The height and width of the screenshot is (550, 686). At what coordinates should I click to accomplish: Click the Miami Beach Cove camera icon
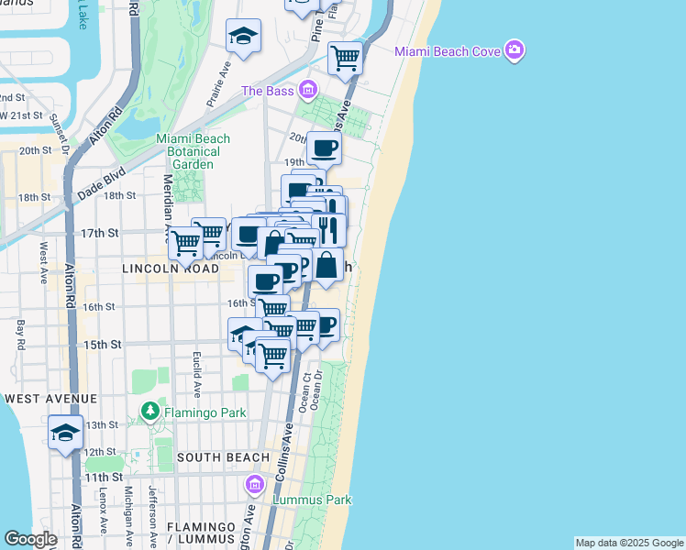tap(515, 50)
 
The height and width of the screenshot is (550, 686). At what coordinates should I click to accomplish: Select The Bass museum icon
tap(307, 90)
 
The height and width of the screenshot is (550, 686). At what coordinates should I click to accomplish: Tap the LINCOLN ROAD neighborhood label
tap(166, 270)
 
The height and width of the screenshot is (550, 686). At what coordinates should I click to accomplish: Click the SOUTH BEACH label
tap(223, 456)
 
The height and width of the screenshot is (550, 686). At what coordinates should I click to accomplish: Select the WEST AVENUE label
tap(50, 399)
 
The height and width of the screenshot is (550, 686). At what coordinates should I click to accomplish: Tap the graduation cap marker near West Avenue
tap(65, 433)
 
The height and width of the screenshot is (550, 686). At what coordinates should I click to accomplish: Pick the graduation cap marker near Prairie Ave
tap(243, 37)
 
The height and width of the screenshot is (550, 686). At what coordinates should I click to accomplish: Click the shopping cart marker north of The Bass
tap(345, 58)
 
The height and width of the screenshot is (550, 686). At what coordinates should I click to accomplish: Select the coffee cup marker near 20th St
tap(324, 148)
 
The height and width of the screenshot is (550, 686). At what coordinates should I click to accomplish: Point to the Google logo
tap(30, 539)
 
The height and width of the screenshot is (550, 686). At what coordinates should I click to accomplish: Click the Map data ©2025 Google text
tap(628, 543)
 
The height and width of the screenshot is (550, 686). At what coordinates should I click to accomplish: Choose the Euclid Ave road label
tap(197, 371)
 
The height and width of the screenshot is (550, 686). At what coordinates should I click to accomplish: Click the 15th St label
tap(103, 345)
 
